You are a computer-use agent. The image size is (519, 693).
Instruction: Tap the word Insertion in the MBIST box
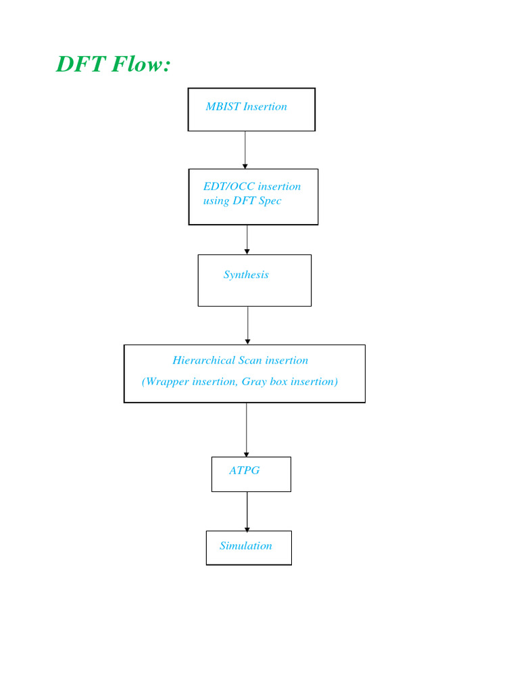(x=265, y=106)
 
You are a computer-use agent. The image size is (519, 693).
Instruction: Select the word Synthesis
(x=246, y=274)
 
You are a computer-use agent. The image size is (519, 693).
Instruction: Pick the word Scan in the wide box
(x=250, y=360)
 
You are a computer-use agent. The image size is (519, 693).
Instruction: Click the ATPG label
(x=244, y=470)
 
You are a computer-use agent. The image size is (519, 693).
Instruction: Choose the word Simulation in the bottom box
(x=246, y=545)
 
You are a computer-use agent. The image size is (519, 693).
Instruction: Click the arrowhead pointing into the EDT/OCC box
(x=245, y=165)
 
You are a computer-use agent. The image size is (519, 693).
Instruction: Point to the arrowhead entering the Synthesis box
(x=247, y=251)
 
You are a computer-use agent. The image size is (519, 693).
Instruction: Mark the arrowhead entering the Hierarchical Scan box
(x=248, y=341)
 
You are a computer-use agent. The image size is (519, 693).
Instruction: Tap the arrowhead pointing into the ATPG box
(x=247, y=453)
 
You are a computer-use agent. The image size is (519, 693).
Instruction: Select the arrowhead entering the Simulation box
(x=247, y=528)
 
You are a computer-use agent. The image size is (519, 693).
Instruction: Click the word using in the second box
(x=216, y=201)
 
